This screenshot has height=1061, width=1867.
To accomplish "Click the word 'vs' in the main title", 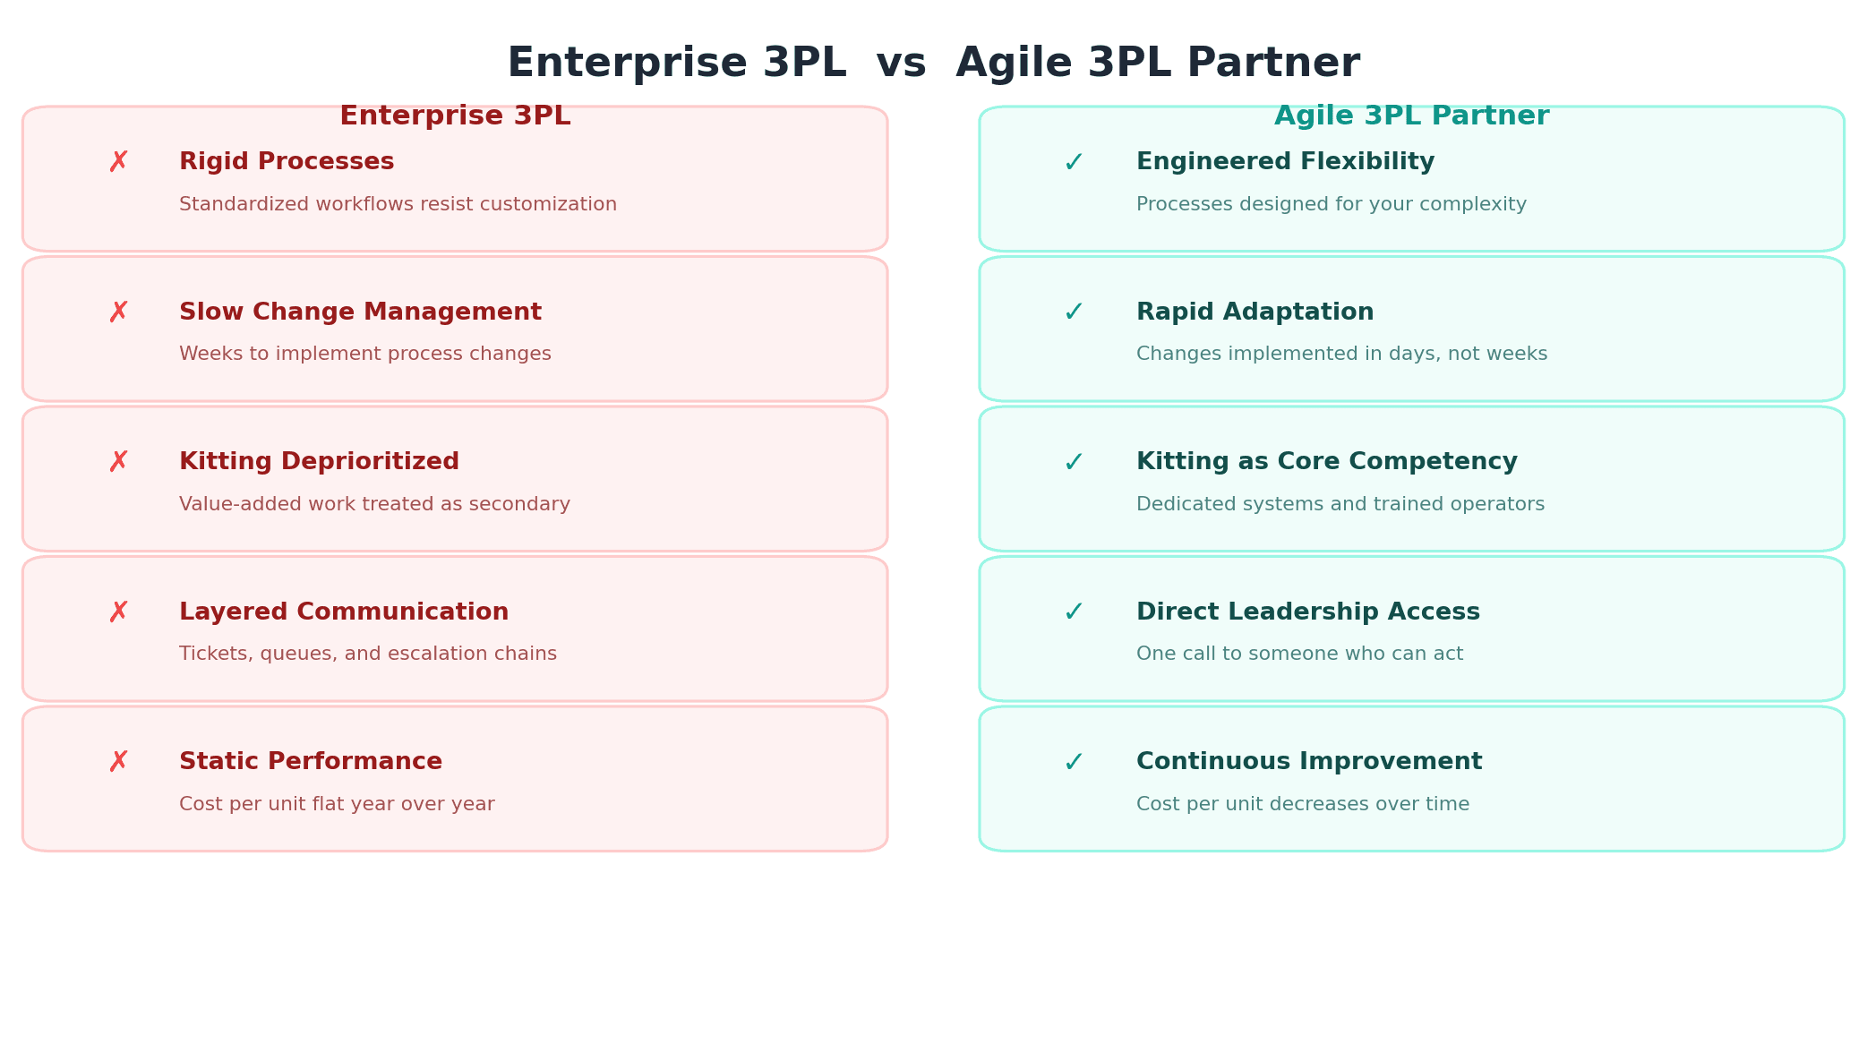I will (900, 64).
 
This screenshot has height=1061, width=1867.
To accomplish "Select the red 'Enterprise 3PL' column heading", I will (455, 116).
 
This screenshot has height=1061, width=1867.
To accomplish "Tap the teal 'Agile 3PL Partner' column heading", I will (1411, 116).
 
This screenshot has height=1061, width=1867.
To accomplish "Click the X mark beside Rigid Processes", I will (118, 162).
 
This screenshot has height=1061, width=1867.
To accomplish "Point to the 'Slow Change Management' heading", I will (360, 312).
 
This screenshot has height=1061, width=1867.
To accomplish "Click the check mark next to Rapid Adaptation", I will (1074, 312).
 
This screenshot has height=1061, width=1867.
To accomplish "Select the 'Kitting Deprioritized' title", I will (319, 462).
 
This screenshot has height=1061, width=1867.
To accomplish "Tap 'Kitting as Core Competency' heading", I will (1326, 462).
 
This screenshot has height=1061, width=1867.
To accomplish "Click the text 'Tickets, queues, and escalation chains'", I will (367, 655).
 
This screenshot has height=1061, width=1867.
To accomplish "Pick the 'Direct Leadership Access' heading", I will (1307, 612).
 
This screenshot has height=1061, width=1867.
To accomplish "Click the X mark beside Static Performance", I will (118, 762).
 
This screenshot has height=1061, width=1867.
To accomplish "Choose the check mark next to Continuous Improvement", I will (1074, 763).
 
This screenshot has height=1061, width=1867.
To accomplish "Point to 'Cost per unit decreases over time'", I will (1302, 805).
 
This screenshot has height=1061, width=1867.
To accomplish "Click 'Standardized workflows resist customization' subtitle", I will (398, 205).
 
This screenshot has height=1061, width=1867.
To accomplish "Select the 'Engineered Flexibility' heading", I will (1285, 162).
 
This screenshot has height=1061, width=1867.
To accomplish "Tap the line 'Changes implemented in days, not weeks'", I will (1341, 355).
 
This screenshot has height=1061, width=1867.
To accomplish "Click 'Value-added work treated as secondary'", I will (374, 505).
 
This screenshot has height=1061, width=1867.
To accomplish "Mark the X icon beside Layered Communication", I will (118, 612).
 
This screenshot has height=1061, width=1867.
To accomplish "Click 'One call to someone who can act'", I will (1299, 655).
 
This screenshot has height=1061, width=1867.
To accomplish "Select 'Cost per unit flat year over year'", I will (337, 805).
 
